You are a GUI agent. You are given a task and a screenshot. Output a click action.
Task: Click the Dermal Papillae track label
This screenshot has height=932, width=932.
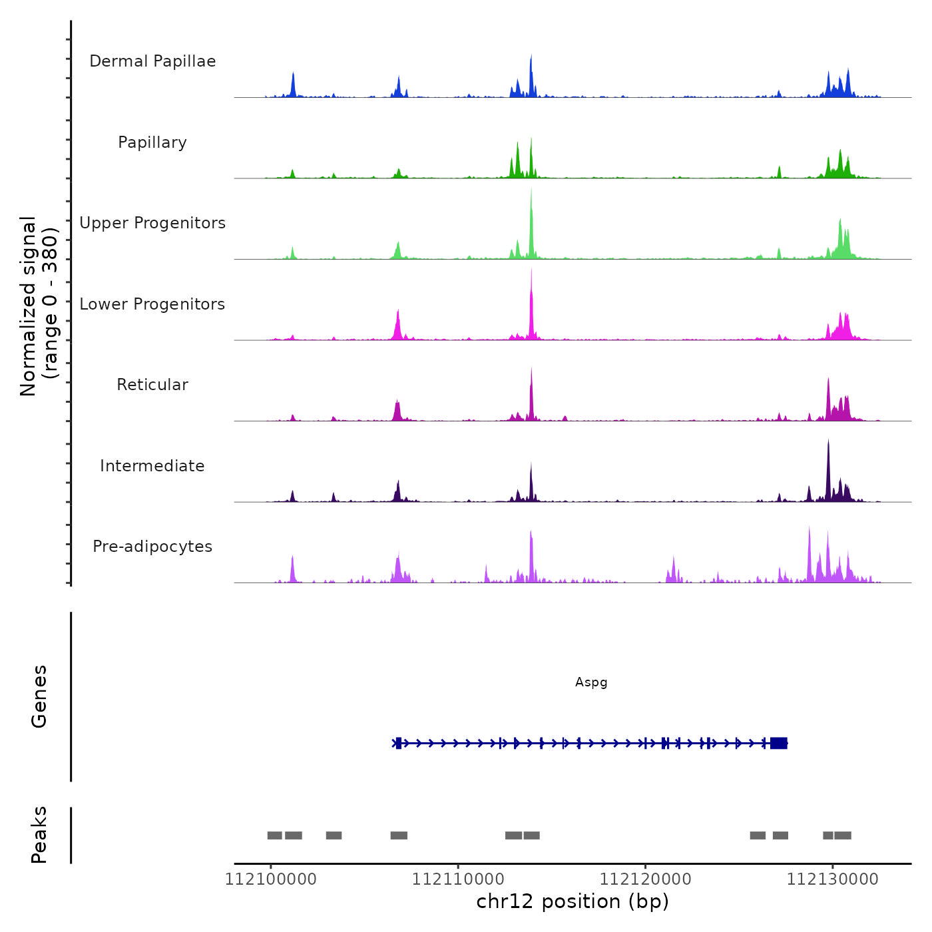click(x=152, y=61)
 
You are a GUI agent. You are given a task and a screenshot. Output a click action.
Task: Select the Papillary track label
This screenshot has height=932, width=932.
click(x=152, y=142)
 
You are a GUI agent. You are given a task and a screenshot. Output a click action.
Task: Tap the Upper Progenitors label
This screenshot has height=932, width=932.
click(x=152, y=223)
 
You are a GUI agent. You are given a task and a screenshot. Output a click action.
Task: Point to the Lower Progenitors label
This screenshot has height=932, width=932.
click(x=152, y=304)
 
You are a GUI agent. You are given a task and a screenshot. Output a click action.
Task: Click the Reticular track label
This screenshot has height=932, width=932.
click(x=152, y=385)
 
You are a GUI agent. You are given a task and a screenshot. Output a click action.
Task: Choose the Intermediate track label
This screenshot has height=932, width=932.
click(x=152, y=466)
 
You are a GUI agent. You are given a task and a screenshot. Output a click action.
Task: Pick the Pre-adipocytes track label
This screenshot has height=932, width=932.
click(x=152, y=547)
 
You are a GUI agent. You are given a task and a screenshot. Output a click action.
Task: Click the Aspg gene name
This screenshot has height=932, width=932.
click(x=591, y=682)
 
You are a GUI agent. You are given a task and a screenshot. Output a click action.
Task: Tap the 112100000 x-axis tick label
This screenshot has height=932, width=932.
click(x=270, y=879)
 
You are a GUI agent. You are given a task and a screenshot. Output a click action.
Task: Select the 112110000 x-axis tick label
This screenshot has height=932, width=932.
click(x=458, y=879)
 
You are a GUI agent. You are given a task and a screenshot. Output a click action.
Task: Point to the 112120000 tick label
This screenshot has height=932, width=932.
click(x=645, y=879)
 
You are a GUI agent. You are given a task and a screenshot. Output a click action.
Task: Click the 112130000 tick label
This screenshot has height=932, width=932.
click(x=832, y=879)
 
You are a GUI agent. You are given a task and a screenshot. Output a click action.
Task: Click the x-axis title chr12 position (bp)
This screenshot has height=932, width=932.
click(x=573, y=901)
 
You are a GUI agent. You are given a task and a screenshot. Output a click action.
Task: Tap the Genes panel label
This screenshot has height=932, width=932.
click(x=39, y=696)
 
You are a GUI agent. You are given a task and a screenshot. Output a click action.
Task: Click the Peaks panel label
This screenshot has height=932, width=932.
click(x=39, y=835)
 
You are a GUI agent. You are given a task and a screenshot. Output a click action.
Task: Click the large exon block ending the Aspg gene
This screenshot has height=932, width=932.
click(x=779, y=743)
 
